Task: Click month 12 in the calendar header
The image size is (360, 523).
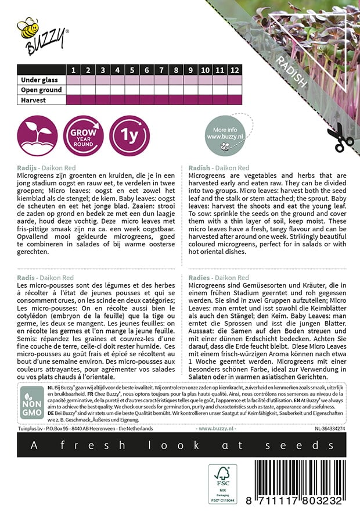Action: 234,70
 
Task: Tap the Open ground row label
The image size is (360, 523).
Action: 41,90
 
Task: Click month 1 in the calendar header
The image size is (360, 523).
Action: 74,70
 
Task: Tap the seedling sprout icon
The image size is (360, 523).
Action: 37,136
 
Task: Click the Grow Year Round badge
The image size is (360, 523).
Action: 84,136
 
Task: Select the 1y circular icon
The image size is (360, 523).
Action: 129,136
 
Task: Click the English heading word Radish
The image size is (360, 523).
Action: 200,168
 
